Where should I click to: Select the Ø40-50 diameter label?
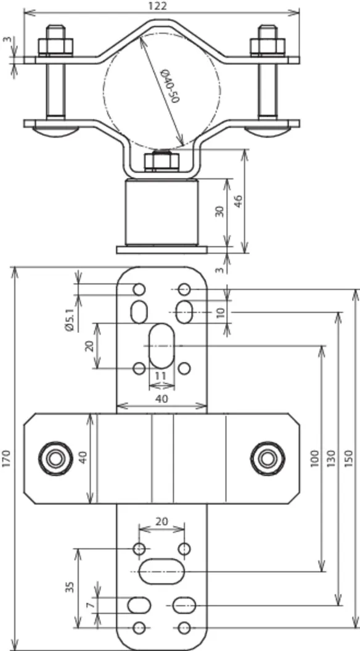[170, 87]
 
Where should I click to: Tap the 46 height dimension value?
[238, 200]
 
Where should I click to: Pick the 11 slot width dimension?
[161, 376]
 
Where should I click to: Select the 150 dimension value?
[349, 459]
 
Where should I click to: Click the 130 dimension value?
[331, 459]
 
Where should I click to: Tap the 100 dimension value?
[314, 459]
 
